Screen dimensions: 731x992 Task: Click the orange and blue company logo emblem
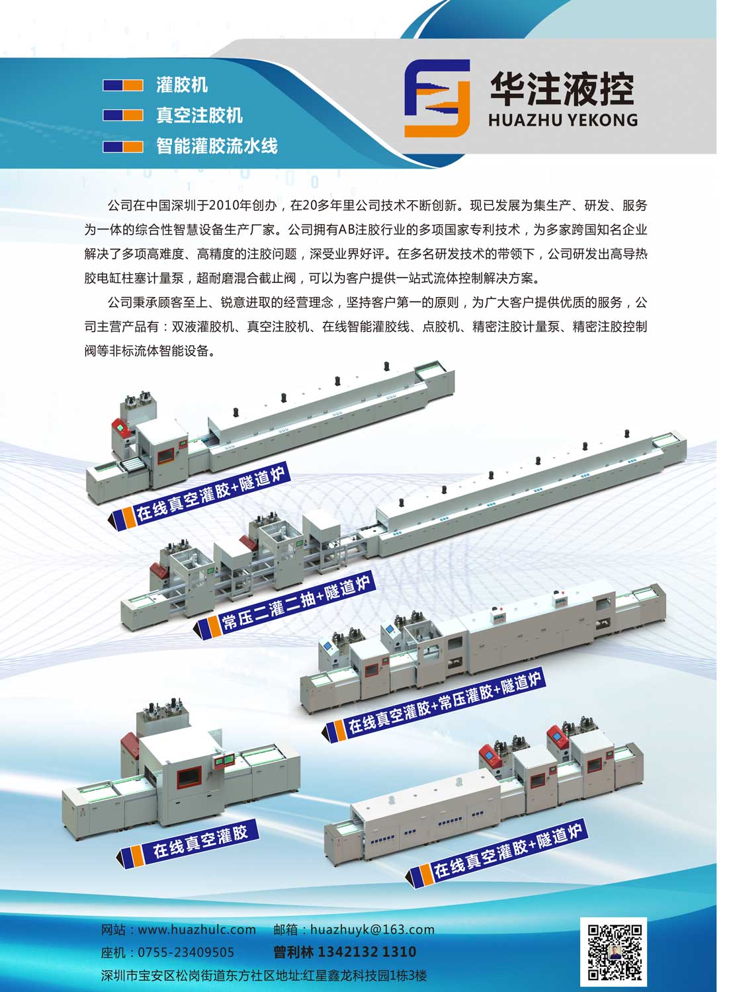click(437, 99)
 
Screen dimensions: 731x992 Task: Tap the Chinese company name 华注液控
click(562, 89)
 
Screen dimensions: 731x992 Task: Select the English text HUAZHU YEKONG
click(563, 120)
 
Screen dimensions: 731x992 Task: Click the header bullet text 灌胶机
click(182, 85)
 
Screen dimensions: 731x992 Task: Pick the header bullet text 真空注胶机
click(199, 115)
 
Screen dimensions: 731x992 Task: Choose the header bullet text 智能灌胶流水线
click(216, 145)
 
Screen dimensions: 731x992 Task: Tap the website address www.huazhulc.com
click(197, 929)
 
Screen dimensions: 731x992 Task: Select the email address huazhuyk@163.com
click(372, 929)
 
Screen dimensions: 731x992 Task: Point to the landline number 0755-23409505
click(186, 952)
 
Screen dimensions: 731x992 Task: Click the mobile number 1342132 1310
click(367, 951)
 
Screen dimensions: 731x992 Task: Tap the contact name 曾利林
click(293, 951)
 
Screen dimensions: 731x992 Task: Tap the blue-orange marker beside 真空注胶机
click(123, 115)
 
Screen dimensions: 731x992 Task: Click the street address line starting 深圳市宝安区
click(264, 975)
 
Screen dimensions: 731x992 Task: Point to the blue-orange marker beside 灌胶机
click(123, 85)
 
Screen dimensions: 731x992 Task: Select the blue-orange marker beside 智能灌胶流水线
click(123, 147)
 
